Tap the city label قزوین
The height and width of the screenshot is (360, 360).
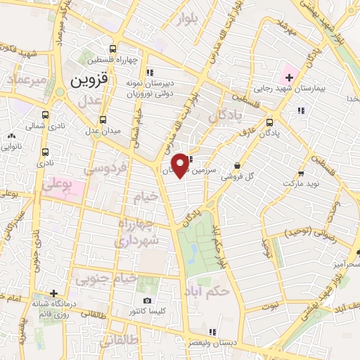tap(89, 80)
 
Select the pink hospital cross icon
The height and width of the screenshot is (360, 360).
tap(289, 76)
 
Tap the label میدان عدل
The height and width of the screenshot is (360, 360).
tap(103, 131)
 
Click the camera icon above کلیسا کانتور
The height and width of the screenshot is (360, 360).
tap(147, 301)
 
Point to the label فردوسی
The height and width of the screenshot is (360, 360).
tap(105, 169)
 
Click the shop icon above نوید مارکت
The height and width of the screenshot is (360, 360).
tap(301, 173)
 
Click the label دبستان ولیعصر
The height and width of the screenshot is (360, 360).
tap(212, 342)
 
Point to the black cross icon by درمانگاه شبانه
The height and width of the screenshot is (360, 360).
tap(53, 293)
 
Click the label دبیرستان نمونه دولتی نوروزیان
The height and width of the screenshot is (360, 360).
tap(149, 88)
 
